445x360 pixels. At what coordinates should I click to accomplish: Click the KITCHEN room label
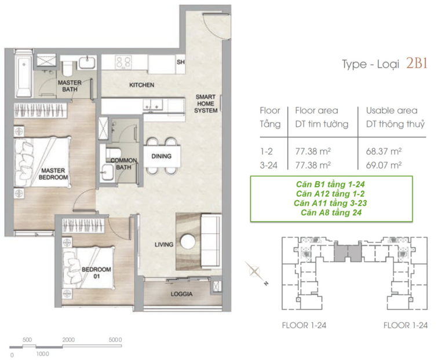click(x=141, y=85)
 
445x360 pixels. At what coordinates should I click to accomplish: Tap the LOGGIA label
click(x=181, y=294)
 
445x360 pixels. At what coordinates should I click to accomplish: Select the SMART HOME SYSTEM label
click(x=206, y=104)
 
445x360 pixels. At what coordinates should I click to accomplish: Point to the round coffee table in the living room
click(x=188, y=241)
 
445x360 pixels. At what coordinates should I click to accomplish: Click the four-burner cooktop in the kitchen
click(x=123, y=62)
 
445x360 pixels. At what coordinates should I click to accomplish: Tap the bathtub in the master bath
click(x=24, y=76)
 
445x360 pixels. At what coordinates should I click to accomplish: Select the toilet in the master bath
click(x=68, y=68)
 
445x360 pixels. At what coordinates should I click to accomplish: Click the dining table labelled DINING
click(x=162, y=156)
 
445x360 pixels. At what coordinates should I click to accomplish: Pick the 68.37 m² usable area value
click(x=384, y=151)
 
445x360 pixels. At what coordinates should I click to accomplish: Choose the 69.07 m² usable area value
click(x=384, y=165)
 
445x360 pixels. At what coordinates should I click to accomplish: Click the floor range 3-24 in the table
click(x=268, y=165)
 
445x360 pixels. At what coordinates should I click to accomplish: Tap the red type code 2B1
click(x=417, y=64)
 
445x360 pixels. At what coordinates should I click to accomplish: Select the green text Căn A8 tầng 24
click(x=331, y=212)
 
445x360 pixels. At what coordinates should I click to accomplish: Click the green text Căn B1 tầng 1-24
click(x=330, y=184)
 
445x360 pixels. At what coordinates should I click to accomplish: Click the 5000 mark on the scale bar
click(x=115, y=340)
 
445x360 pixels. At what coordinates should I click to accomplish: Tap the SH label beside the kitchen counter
click(x=181, y=62)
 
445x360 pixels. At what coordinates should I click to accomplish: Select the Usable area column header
click(x=392, y=111)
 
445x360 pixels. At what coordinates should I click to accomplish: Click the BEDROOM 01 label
click(x=97, y=273)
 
